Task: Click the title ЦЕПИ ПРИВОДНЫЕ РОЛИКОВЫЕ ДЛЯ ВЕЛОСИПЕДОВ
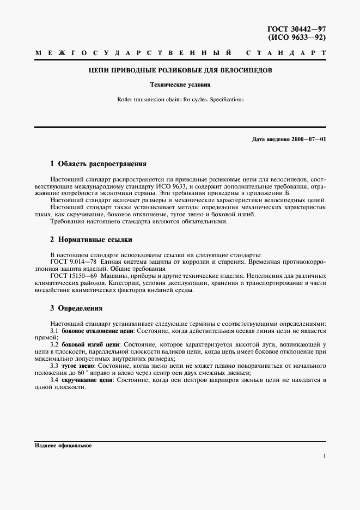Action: [180, 71]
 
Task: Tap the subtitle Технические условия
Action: [180, 85]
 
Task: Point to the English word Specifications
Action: [225, 100]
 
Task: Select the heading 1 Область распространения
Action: [98, 163]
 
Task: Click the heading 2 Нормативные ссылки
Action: [91, 240]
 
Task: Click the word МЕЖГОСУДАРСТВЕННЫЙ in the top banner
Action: [134, 53]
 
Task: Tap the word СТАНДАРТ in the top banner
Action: [286, 53]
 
